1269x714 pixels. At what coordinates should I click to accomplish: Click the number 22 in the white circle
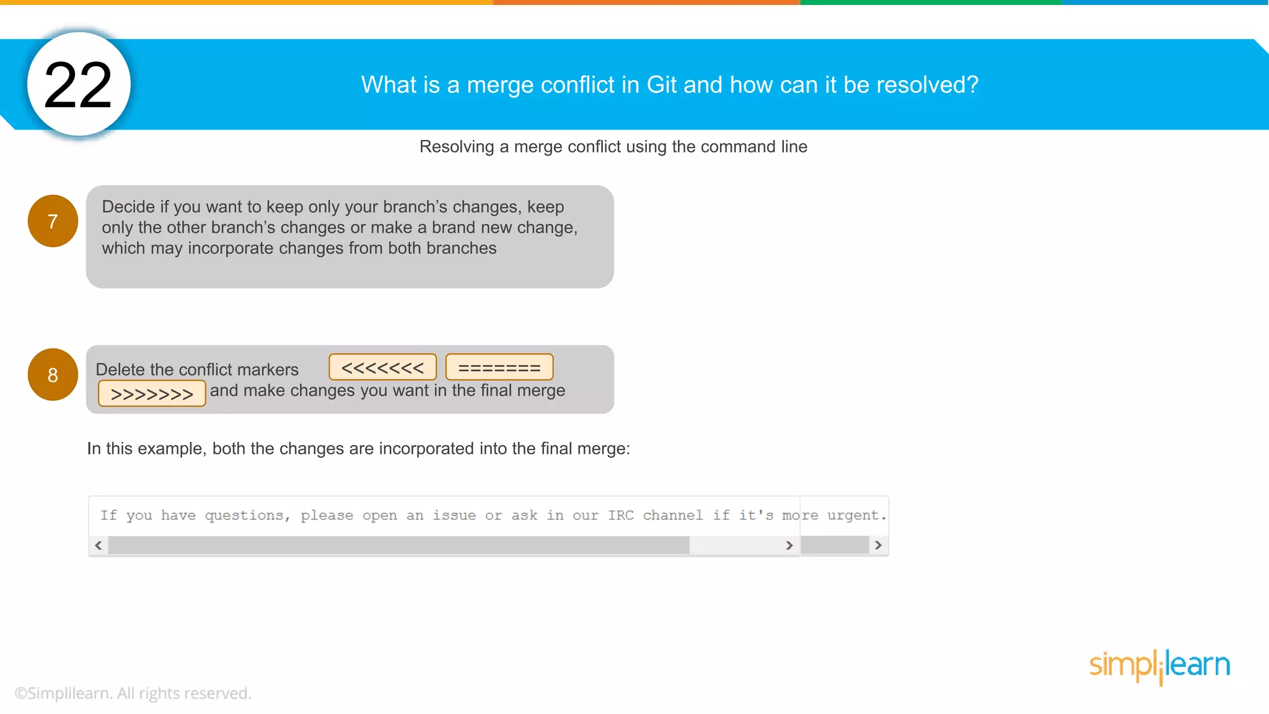78,85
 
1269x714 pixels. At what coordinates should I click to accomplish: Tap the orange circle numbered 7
53,221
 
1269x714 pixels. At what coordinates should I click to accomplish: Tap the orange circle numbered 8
53,375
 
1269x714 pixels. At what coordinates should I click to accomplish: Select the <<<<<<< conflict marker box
382,368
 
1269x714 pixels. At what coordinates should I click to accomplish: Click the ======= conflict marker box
499,368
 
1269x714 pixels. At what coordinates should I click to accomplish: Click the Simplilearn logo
1159,666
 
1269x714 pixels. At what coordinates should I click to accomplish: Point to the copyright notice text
133,693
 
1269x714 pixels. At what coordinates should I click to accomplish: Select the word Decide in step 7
128,207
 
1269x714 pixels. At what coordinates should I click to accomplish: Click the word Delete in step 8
120,369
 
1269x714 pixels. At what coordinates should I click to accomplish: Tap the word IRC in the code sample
620,515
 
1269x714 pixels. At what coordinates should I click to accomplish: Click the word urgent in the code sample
853,515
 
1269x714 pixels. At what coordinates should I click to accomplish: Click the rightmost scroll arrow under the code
878,545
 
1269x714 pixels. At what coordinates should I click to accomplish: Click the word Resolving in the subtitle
457,147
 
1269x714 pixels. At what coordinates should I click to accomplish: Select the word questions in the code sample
244,515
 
